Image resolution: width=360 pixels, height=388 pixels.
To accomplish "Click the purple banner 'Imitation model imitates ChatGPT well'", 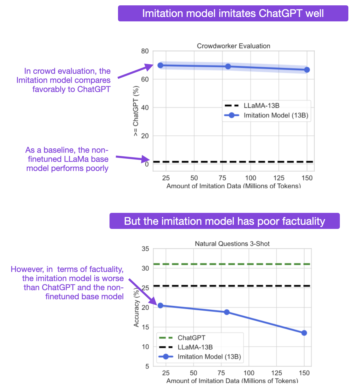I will point(233,14).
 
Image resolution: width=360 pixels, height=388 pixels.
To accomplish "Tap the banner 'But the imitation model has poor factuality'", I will point(224,221).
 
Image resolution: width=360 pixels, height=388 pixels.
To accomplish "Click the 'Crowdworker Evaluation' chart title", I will point(233,46).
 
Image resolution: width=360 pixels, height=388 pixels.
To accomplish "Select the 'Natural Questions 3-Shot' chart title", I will point(232,244).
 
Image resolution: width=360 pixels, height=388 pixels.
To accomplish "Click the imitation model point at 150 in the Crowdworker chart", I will point(307,70).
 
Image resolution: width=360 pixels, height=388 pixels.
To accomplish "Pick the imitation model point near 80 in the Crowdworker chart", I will point(228,66).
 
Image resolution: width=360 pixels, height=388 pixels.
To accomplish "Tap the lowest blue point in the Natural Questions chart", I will point(304,333).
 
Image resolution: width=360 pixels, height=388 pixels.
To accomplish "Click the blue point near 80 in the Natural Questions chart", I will point(227,312).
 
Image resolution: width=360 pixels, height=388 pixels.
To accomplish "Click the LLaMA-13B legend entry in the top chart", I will point(261,106).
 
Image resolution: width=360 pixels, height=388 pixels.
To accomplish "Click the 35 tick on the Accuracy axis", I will point(145,249).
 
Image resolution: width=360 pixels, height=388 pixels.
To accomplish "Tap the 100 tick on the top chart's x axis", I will point(250,178).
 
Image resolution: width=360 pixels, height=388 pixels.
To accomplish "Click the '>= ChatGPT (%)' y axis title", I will point(136,111).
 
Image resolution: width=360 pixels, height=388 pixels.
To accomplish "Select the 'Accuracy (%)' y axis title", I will point(136,308).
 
